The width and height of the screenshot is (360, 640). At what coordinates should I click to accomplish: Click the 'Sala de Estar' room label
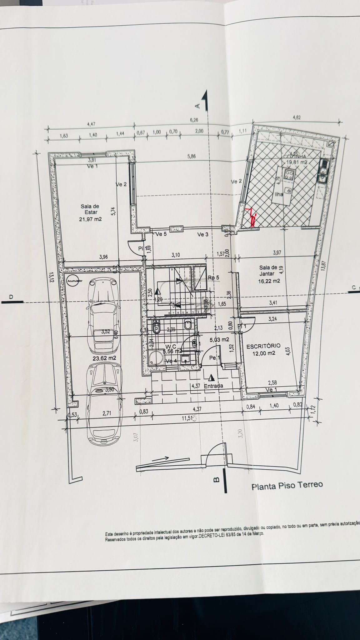[90, 209]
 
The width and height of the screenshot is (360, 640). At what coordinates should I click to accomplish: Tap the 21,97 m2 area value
[91, 219]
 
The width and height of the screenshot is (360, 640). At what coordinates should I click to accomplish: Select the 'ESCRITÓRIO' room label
[263, 346]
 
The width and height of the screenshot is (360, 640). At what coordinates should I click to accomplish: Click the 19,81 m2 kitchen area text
[297, 162]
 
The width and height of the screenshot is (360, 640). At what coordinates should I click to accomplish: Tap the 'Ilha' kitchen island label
[278, 194]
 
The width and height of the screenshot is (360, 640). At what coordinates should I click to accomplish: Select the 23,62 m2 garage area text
[104, 358]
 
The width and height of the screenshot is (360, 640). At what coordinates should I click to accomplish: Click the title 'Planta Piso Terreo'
[287, 485]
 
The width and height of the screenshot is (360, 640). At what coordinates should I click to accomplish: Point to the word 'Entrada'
[213, 386]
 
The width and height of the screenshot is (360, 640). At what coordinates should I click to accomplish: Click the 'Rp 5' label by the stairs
[213, 277]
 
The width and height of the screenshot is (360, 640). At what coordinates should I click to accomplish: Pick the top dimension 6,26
[194, 119]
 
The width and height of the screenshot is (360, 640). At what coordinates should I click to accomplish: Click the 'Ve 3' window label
[202, 234]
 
